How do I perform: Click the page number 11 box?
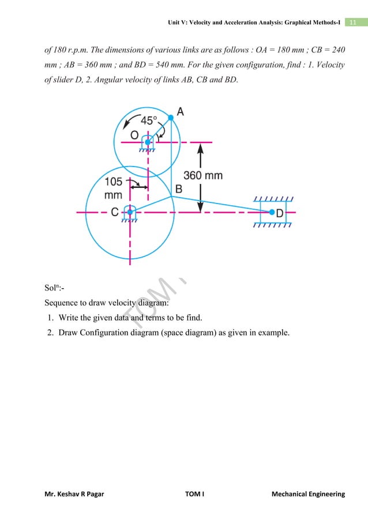[353, 22]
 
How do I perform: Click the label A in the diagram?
[180, 112]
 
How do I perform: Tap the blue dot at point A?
[171, 118]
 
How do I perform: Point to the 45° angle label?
[149, 121]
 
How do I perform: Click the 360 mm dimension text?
[203, 175]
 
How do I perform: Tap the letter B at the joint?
[179, 189]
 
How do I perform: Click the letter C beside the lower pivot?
[115, 213]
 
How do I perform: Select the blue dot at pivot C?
[130, 212]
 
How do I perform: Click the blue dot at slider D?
[272, 212]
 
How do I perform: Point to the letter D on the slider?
[280, 213]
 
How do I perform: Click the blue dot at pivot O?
[148, 142]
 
